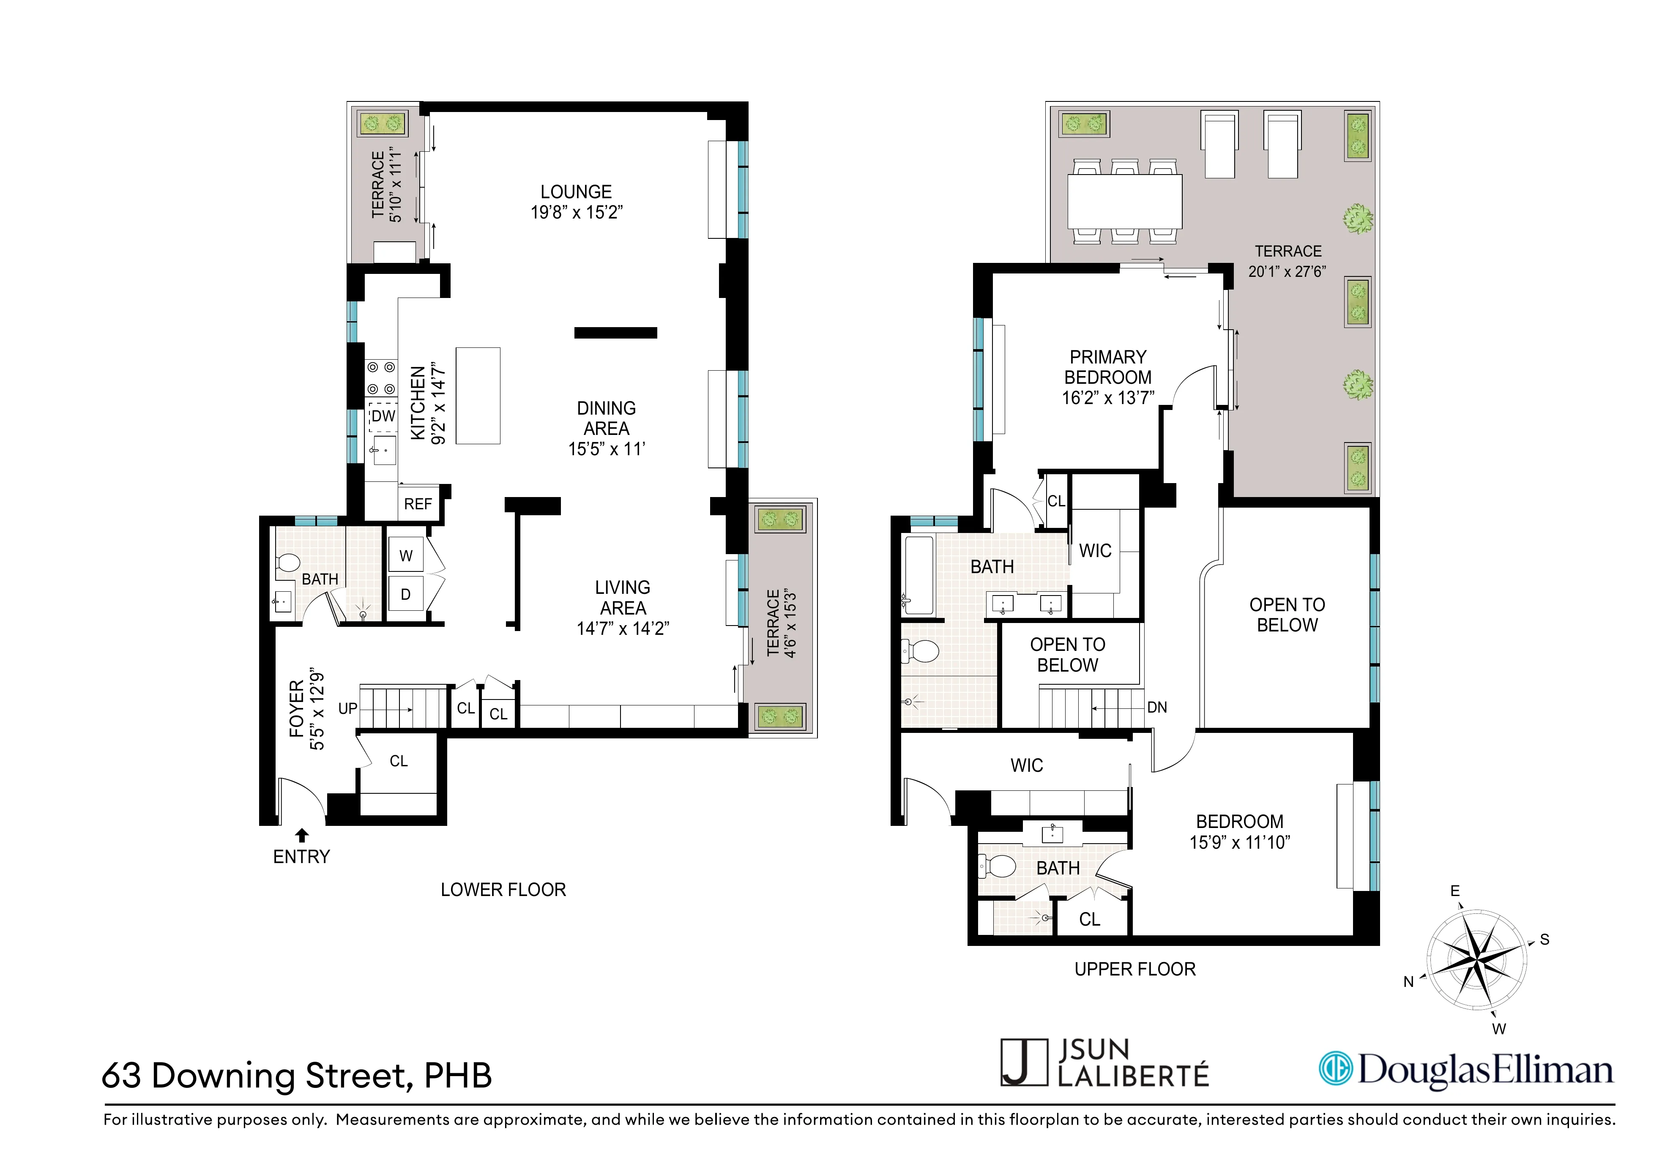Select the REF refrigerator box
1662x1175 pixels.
[418, 504]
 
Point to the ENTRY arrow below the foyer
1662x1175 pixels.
[302, 836]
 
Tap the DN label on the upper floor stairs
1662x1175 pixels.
[1157, 707]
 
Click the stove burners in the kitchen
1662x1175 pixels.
[381, 378]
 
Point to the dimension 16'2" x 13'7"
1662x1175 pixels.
[1107, 398]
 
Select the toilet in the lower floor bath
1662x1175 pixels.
[288, 563]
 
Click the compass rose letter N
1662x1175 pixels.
[1408, 982]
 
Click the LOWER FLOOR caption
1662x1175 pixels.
[503, 890]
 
